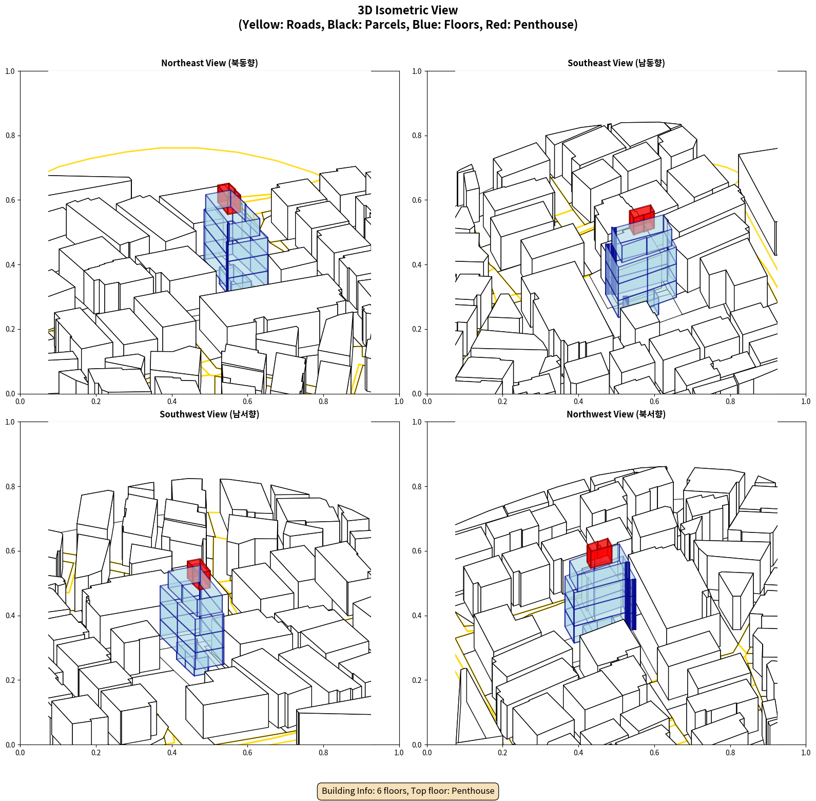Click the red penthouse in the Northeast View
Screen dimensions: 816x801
[x=229, y=198]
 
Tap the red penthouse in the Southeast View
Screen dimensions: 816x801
[x=642, y=219]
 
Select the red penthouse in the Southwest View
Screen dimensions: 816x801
[x=199, y=574]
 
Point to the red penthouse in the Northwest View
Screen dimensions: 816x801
[x=599, y=552]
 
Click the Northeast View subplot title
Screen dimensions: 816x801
[x=209, y=63]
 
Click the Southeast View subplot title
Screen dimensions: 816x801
[x=616, y=63]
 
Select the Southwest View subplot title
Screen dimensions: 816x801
[x=209, y=414]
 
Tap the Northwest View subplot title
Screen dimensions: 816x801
[x=616, y=414]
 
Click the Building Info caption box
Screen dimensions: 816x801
[x=408, y=791]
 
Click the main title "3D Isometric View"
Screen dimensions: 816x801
[x=408, y=10]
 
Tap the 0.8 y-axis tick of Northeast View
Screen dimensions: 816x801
[x=10, y=136]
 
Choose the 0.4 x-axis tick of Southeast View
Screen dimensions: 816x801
[x=578, y=402]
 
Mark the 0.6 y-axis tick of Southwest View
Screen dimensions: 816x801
[x=10, y=551]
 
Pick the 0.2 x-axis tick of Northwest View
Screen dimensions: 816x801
[x=502, y=753]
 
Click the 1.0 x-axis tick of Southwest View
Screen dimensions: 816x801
[x=399, y=753]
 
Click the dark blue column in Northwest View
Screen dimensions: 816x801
[x=630, y=596]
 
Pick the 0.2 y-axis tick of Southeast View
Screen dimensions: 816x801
[x=417, y=329]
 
